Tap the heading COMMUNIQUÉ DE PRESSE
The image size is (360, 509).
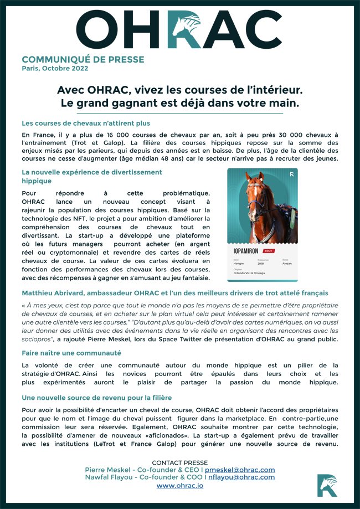(x=83, y=59)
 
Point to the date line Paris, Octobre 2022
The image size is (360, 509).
(x=55, y=69)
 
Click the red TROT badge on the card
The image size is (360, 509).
(x=269, y=251)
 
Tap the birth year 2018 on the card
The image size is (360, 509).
(x=261, y=264)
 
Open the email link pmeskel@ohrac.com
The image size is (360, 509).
(x=240, y=470)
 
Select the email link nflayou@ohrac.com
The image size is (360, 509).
(x=241, y=477)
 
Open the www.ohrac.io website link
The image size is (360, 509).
(x=179, y=485)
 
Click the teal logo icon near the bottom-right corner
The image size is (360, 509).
(x=327, y=485)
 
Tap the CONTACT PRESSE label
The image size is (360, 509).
(x=179, y=462)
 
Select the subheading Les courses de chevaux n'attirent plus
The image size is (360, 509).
(x=86, y=123)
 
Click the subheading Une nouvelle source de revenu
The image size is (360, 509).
(x=96, y=397)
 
